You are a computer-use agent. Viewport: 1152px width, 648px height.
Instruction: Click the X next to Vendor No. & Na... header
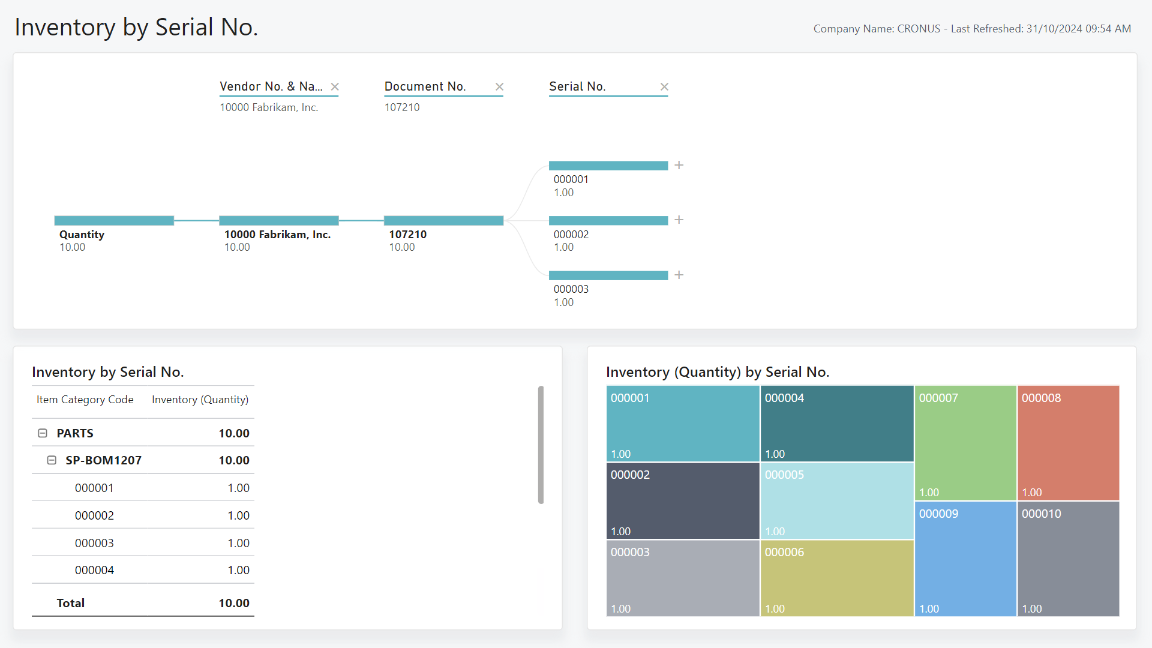coord(335,87)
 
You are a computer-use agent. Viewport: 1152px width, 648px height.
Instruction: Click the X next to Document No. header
coord(499,87)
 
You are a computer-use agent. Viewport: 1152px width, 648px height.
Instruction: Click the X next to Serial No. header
coord(664,87)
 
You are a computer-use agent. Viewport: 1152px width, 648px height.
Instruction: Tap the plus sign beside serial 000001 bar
coord(679,165)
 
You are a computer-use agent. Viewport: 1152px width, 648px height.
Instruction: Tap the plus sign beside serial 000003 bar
coord(679,275)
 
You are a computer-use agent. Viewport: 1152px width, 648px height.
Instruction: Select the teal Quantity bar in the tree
coord(114,221)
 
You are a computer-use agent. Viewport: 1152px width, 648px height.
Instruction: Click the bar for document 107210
coord(443,221)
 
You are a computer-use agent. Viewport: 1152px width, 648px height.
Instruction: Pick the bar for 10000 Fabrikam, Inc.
coord(278,221)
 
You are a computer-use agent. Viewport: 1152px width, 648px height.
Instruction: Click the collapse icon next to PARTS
coord(43,433)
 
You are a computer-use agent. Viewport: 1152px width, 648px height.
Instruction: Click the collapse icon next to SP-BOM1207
coord(52,460)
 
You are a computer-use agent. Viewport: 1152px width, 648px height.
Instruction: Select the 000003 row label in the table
coord(94,543)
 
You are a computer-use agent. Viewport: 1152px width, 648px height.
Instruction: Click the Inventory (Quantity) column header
coord(200,400)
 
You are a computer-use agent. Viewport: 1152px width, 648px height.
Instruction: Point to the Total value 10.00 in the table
coord(233,603)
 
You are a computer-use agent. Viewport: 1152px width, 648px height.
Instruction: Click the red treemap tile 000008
coord(1068,443)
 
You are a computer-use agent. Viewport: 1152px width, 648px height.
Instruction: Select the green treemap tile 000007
coord(965,443)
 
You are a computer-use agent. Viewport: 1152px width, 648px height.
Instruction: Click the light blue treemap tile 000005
coord(836,501)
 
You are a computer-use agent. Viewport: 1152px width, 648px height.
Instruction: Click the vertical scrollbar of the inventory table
coord(541,445)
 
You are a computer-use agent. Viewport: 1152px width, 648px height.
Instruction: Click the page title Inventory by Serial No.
coord(136,28)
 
